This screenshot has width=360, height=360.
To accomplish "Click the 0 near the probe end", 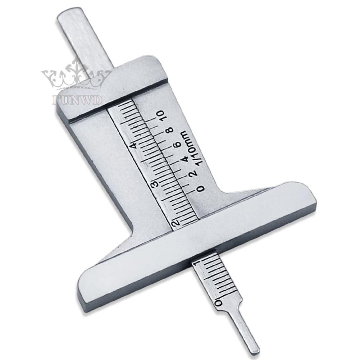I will (217, 303).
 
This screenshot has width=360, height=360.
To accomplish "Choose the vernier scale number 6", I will (177, 145).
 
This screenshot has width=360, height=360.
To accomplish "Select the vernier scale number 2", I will (193, 173).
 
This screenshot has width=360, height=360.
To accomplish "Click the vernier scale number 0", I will (201, 188).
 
